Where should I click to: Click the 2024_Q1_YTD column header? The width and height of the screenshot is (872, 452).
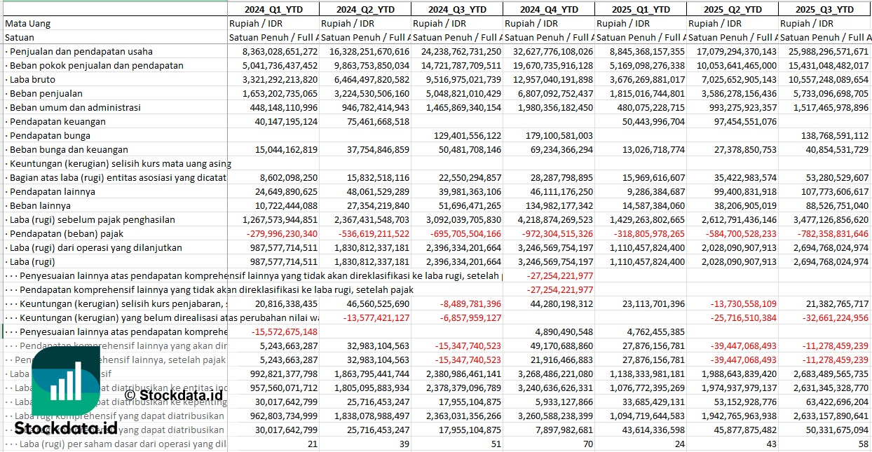click(x=273, y=9)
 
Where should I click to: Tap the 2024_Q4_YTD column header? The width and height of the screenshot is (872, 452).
click(x=548, y=9)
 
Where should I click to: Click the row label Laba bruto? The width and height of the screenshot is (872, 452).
click(x=32, y=79)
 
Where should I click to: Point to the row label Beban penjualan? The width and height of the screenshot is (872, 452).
click(x=46, y=93)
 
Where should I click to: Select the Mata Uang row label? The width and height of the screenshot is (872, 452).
click(x=28, y=23)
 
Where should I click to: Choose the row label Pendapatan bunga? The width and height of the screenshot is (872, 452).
click(x=50, y=135)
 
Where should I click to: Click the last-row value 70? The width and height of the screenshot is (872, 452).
click(x=587, y=444)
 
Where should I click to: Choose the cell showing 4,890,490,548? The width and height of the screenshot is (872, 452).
click(x=564, y=331)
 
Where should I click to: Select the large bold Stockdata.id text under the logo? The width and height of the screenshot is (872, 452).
click(x=66, y=427)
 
